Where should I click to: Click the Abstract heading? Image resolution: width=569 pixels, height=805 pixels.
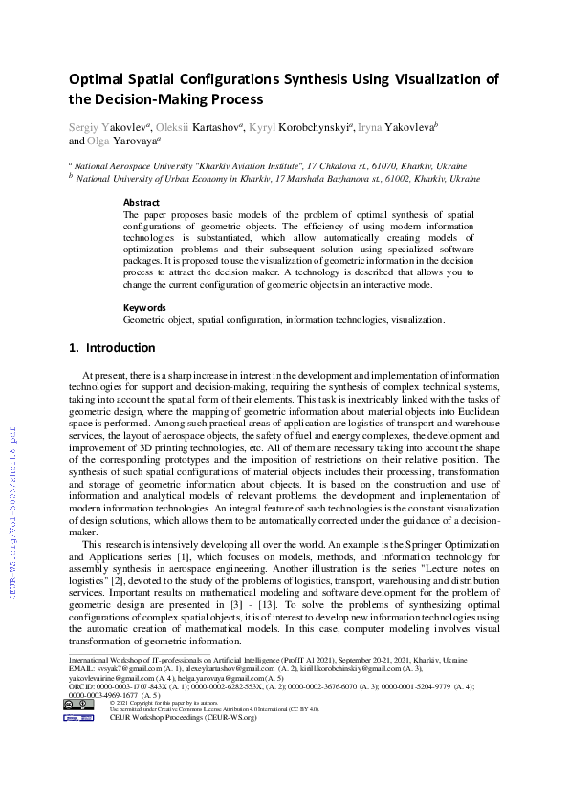click(142, 203)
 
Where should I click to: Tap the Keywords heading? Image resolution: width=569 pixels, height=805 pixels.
click(145, 308)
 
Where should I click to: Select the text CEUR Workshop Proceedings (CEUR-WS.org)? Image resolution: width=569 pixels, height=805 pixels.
click(184, 718)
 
